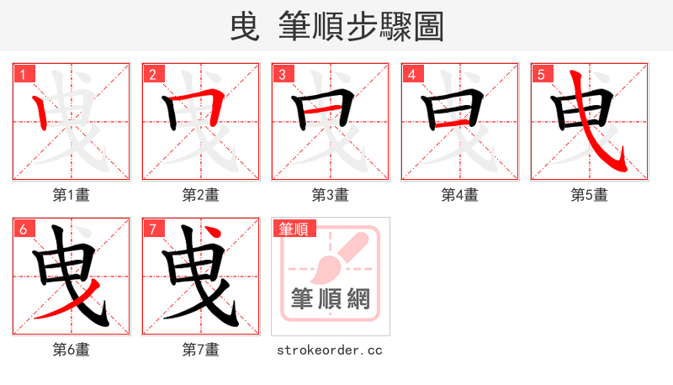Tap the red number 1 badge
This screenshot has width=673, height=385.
(23, 74)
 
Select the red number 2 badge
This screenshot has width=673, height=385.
(152, 74)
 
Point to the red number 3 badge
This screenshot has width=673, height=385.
(282, 74)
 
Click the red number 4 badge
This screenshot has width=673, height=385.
(411, 74)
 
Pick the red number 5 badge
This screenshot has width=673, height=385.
(541, 74)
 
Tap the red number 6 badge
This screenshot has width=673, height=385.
(23, 229)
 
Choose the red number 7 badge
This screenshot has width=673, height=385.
(152, 229)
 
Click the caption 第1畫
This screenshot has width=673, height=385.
(72, 195)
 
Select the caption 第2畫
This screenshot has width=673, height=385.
(201, 195)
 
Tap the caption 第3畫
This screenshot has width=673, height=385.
(331, 195)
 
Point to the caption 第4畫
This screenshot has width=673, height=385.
(460, 195)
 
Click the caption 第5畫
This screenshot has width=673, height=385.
(590, 195)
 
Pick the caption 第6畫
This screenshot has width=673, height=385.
(72, 350)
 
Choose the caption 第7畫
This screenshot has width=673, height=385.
(201, 350)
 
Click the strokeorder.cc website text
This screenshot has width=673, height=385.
(330, 350)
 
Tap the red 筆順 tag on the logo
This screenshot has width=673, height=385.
(292, 229)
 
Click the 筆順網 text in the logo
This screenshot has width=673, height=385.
(330, 298)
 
